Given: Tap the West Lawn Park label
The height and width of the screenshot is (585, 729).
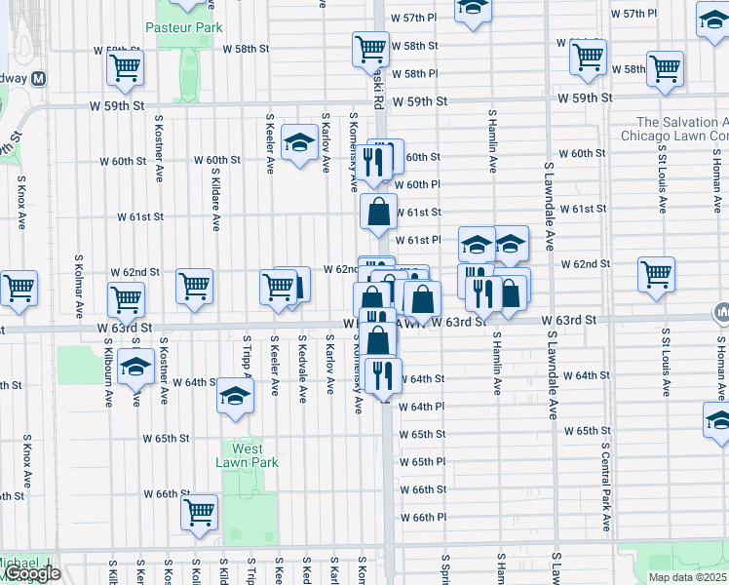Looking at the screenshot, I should [249, 455].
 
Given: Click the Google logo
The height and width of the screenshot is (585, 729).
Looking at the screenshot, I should [30, 573].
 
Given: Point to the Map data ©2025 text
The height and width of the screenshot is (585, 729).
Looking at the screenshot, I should [687, 577].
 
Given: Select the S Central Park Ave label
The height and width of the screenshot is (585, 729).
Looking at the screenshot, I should [605, 478].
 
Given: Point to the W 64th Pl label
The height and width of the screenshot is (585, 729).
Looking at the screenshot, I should [421, 407].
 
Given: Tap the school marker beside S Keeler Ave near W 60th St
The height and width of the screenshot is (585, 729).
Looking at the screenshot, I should [298, 143].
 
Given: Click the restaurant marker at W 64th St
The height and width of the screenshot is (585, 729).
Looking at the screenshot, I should [386, 374].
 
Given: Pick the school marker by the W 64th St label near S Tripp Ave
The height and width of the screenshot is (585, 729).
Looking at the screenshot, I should [234, 397].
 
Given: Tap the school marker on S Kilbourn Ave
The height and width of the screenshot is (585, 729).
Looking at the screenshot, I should [134, 369].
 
